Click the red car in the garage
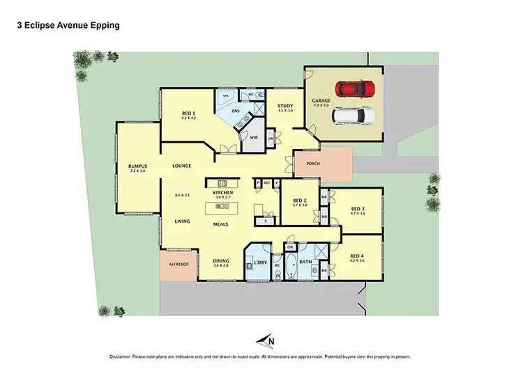354,89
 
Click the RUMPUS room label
137,166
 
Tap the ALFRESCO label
178,265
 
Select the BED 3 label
357,208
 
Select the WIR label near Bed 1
245,139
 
